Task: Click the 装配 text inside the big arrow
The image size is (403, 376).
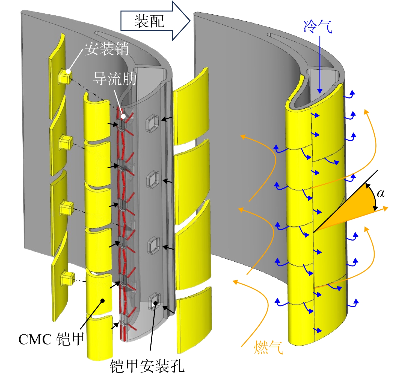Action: coord(149,21)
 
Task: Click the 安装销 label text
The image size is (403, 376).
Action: coord(107,49)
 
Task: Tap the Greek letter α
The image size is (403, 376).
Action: coord(381,193)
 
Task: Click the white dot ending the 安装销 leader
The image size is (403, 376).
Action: coord(68,71)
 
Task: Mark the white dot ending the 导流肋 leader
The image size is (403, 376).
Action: coord(123,117)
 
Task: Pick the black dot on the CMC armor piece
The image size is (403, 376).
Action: coord(103,300)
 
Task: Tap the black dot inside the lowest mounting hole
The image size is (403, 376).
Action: coord(156,303)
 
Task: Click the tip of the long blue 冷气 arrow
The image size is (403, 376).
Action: coord(320,93)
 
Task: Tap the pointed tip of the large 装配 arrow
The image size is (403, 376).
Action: coord(190,21)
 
